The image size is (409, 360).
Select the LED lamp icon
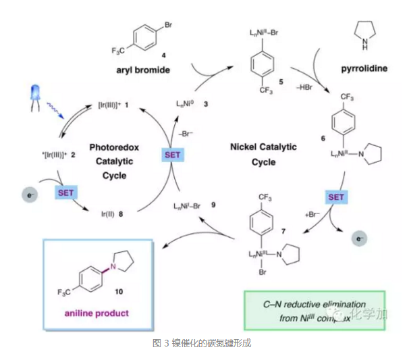pyautogui.click(x=39, y=97)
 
